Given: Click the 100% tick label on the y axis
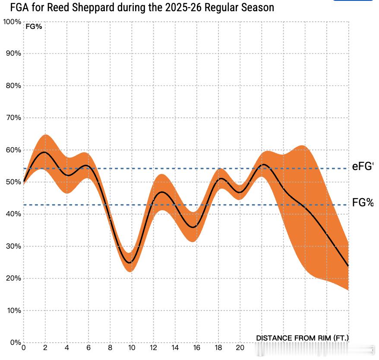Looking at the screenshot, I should (x=12, y=22).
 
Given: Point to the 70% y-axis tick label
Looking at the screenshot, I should (x=13, y=118).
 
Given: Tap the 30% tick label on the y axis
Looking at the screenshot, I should (x=13, y=246).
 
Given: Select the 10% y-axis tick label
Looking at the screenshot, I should (x=13, y=311).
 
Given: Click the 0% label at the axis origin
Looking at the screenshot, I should (x=15, y=343).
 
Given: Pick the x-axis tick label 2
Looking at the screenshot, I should (x=45, y=348).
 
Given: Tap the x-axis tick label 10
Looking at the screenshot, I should (x=132, y=348).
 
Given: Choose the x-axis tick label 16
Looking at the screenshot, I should (x=196, y=348).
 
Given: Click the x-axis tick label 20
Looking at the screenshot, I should (x=240, y=348).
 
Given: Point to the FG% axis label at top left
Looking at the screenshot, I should (x=34, y=26).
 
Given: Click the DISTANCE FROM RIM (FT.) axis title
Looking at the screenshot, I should (x=302, y=338).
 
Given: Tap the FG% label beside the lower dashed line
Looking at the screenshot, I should (x=363, y=202).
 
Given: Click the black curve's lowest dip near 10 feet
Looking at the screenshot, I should (x=129, y=262).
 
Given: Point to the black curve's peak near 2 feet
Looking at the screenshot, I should (x=44, y=152).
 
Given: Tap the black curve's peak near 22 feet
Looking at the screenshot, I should (x=263, y=164).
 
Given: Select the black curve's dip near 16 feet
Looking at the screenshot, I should (x=194, y=227).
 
